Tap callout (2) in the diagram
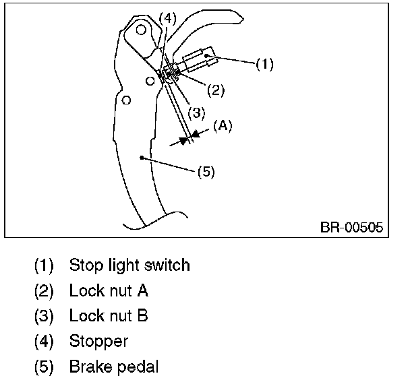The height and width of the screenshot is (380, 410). tap(216, 88)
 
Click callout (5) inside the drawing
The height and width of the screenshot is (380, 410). tap(206, 172)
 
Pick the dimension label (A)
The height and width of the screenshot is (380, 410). tap(223, 127)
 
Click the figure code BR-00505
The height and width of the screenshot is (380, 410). tap(351, 227)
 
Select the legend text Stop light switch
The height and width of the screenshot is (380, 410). tap(129, 265)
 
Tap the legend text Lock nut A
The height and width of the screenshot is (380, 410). tap(109, 290)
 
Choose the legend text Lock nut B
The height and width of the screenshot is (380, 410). tap(109, 315)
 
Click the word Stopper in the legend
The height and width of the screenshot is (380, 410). tap(98, 341)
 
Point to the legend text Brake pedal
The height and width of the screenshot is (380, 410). tap(114, 367)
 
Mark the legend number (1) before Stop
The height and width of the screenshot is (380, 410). tap(44, 265)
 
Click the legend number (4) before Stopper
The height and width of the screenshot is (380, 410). tap(44, 341)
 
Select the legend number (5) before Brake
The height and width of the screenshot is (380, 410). tap(44, 367)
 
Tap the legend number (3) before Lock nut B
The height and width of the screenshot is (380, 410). tap(44, 315)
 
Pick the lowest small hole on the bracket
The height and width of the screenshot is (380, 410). tap(125, 101)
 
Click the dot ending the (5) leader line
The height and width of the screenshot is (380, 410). tap(141, 157)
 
